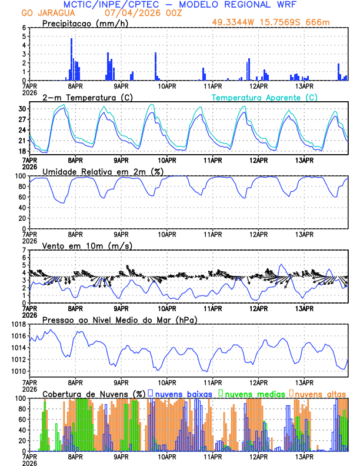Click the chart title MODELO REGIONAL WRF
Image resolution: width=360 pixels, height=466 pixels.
tap(246, 4)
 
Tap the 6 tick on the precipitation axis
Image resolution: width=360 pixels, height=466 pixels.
tap(24, 28)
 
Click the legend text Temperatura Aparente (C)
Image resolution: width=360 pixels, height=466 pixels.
tap(264, 97)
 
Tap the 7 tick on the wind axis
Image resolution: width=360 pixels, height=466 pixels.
tap(24, 251)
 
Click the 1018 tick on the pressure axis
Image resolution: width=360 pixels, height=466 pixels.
tap(18, 325)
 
